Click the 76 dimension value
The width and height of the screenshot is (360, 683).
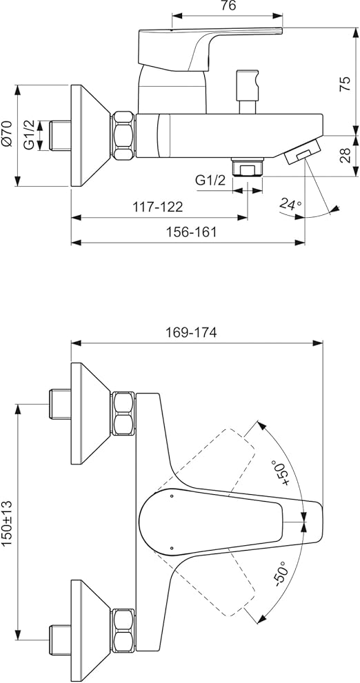[x=228, y=6]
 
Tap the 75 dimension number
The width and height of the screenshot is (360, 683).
[x=346, y=83]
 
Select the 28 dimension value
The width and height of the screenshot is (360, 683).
[x=346, y=156]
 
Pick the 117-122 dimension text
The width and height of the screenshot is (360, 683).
[x=158, y=207]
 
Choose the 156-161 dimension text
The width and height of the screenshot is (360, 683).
[x=191, y=232]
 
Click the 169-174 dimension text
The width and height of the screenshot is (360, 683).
[x=191, y=333]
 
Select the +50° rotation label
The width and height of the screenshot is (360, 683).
[x=281, y=471]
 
